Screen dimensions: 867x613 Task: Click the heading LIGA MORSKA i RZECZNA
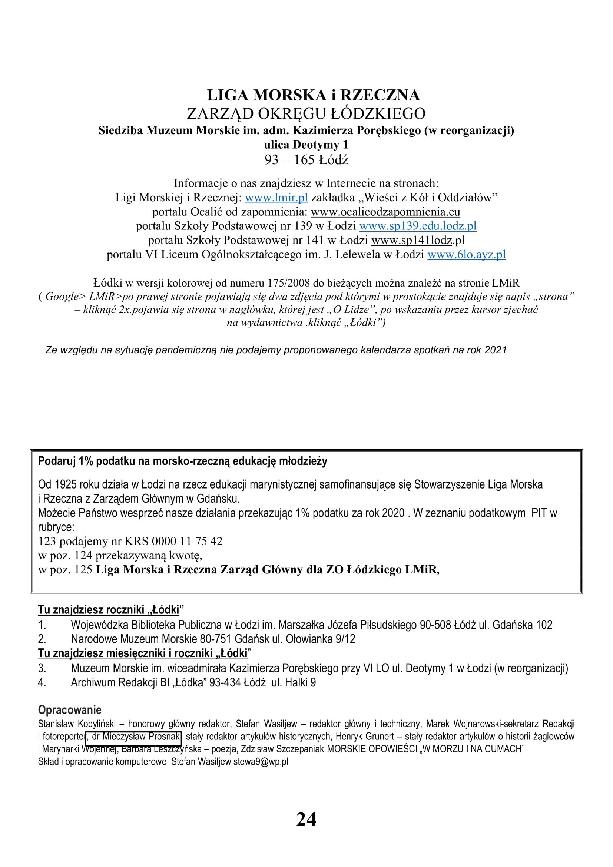coord(313,95)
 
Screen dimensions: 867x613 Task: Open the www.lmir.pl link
coord(276,198)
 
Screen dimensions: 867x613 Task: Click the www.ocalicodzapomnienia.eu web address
coord(385,212)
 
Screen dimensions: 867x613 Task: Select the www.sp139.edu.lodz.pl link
coord(418,226)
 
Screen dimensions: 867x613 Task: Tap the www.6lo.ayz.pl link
coord(466,255)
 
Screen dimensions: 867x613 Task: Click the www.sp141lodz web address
coord(411,240)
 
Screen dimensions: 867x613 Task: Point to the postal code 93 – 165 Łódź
coord(306,160)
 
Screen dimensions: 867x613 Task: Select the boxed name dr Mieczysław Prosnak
coord(134,737)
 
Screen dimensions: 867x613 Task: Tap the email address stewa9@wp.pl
coord(261,762)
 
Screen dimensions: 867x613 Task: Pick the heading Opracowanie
coord(69,710)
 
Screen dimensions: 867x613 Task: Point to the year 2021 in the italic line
coord(495,350)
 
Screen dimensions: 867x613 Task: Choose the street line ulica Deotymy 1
coord(306,145)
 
